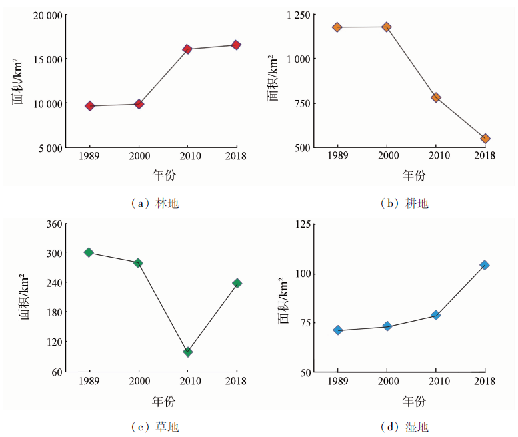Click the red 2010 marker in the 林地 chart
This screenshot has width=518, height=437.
187,49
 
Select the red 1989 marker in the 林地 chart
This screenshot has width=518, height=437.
90,106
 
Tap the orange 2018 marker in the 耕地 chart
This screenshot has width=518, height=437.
485,139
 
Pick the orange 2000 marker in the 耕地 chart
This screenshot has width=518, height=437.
387,27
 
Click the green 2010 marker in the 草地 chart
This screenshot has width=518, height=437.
188,352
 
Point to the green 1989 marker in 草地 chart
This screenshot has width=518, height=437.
89,252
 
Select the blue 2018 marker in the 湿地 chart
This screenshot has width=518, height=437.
485,265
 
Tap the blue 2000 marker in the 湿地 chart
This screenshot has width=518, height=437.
387,326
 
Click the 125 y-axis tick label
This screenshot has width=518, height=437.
306,224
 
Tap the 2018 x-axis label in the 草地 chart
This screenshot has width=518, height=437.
236,381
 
